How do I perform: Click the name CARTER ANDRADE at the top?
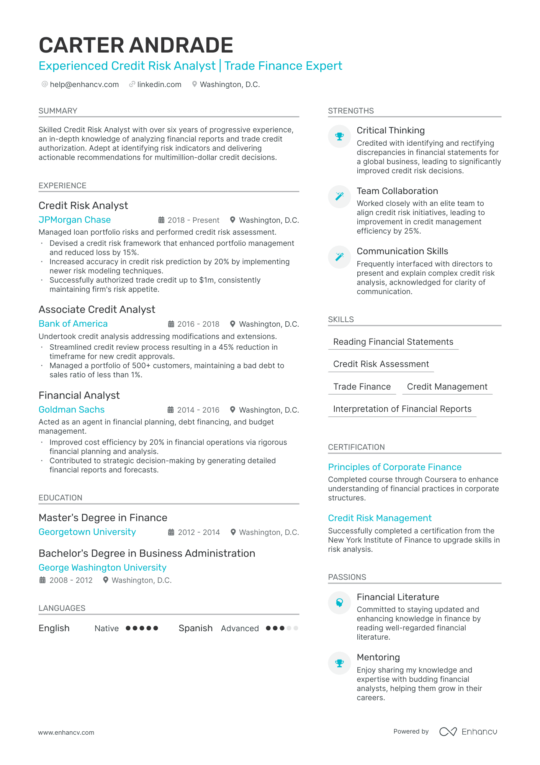136,45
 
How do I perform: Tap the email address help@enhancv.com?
84,84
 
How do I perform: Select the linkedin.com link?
159,84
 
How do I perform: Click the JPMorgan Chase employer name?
75,220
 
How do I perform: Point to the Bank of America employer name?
73,324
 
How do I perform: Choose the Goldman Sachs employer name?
72,410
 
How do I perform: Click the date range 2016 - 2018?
198,324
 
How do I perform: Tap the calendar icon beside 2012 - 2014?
171,532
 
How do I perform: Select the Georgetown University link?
87,532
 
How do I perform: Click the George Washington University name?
103,568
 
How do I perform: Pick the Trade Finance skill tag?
362,387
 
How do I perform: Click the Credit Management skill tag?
447,387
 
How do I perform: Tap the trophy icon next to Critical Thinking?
339,136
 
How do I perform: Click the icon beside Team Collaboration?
339,196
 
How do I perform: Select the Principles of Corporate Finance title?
394,467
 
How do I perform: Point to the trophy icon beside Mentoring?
339,663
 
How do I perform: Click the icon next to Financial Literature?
339,603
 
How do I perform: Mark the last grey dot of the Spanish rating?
296,628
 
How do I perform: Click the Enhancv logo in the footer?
468,732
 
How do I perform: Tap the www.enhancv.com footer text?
66,732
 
